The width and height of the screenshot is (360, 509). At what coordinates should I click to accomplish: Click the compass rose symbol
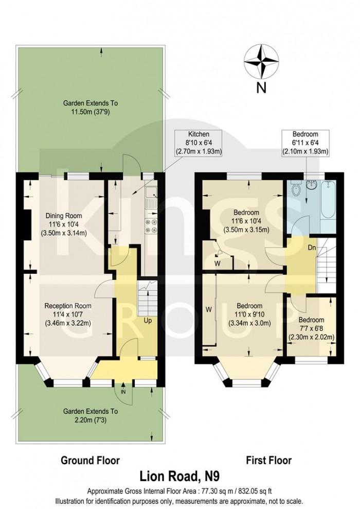coord(261,60)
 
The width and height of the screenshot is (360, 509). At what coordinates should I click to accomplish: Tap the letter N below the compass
coord(261,87)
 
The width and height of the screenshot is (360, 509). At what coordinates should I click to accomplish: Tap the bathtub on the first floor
coord(327,205)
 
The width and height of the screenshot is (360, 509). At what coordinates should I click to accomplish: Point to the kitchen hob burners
coord(152,226)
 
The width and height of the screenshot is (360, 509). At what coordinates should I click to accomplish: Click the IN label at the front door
coord(122,392)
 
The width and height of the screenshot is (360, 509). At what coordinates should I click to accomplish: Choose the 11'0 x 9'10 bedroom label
coord(249,314)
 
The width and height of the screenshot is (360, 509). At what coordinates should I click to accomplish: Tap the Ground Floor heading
coord(90,460)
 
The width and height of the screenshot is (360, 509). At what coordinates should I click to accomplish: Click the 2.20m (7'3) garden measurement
coord(90,419)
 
